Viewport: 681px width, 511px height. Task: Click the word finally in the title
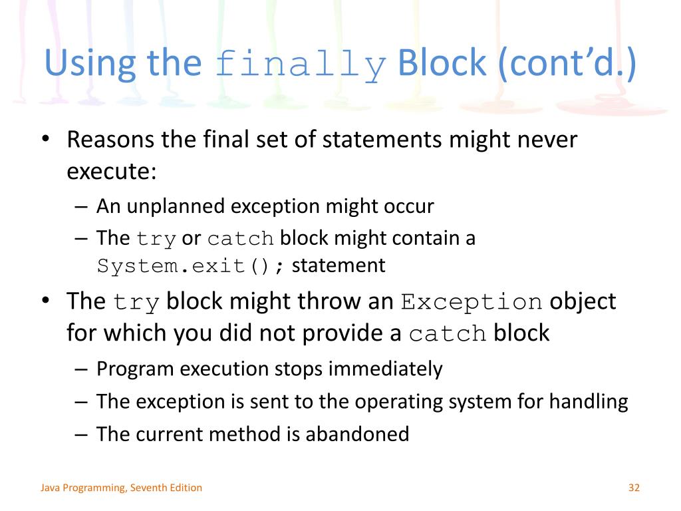click(301, 65)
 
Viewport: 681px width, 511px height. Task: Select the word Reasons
click(110, 140)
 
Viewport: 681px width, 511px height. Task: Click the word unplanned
click(176, 206)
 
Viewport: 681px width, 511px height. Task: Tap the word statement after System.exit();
click(339, 266)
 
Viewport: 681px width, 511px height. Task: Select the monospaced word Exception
click(471, 302)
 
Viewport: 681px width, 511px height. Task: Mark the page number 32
click(633, 488)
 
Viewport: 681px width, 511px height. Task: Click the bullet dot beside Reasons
click(45, 141)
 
